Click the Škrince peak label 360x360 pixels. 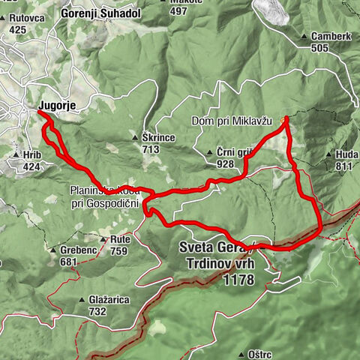tap(158, 139)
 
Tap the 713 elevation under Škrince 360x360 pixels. tap(151, 149)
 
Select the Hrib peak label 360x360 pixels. tap(31, 154)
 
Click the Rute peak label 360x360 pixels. tap(120, 240)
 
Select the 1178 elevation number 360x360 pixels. tap(238, 280)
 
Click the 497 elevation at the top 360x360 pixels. tap(178, 10)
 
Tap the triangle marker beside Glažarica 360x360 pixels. tap(82, 300)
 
